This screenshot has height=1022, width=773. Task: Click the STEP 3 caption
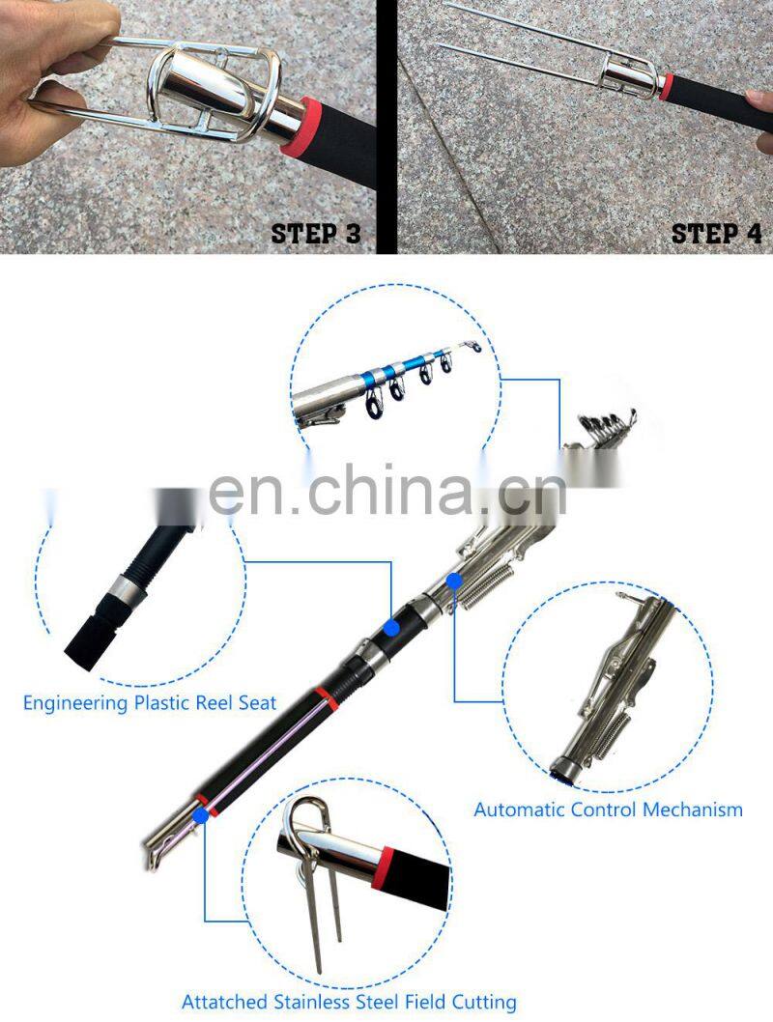coord(316,234)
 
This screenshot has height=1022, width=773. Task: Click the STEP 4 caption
coord(716,234)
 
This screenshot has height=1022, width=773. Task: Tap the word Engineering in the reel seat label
coord(75,703)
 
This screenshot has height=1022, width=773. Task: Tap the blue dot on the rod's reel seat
coord(391,628)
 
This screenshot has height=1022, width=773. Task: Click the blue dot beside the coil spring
coord(454,580)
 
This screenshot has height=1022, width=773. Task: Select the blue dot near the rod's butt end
coord(201,814)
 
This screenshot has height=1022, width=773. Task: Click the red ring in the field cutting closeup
coord(384,868)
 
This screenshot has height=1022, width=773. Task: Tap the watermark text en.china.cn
coord(387,490)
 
